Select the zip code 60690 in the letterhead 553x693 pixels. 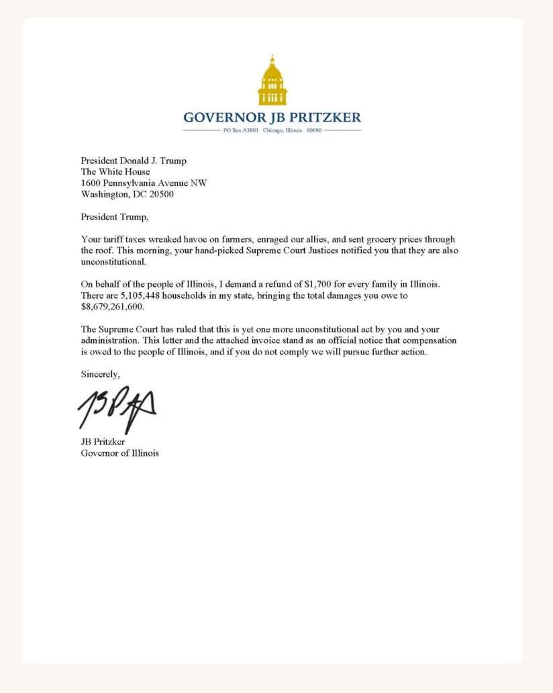coord(313,130)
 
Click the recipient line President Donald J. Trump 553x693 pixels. coord(134,160)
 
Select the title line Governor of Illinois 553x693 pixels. coord(120,453)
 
